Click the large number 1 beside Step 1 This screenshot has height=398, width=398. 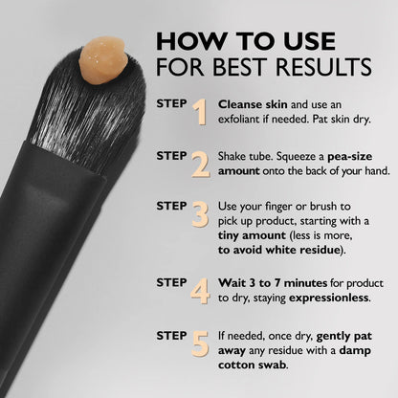tap(199, 112)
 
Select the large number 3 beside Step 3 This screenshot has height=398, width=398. tap(200, 214)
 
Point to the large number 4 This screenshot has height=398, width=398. tap(200, 289)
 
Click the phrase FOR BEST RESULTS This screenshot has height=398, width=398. tap(264, 69)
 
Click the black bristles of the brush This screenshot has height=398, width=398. tap(77, 105)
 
